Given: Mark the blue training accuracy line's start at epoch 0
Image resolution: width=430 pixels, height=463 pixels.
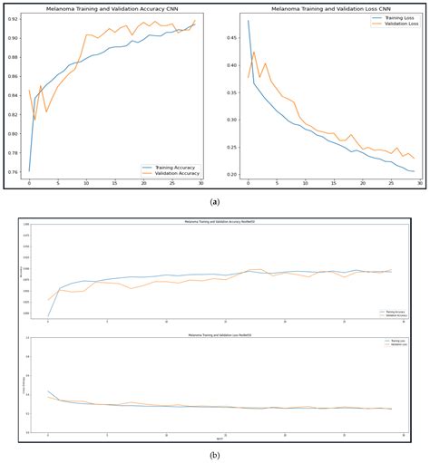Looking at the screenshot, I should click(29, 170).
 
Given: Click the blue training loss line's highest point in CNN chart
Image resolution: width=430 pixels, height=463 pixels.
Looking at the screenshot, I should click(248, 21).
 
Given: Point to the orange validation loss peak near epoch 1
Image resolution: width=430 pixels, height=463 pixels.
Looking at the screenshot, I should click(254, 53).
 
